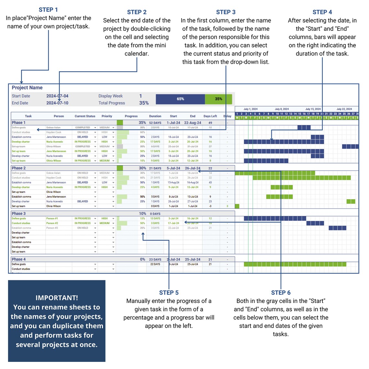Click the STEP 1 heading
(48, 10)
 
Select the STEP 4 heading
(322, 12)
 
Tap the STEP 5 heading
(169, 293)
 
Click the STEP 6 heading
(281, 293)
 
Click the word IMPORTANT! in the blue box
(57, 298)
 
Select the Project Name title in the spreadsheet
(27, 88)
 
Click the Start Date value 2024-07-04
(57, 96)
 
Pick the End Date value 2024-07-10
(57, 103)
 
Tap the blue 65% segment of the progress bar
(180, 99)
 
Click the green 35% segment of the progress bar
(218, 99)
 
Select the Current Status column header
(85, 116)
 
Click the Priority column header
(107, 116)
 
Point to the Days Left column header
(210, 116)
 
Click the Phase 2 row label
(18, 168)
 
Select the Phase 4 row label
(18, 259)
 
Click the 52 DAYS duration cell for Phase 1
(155, 123)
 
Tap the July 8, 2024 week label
(282, 109)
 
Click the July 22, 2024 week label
(344, 109)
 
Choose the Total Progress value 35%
(144, 103)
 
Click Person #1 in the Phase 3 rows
(52, 218)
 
